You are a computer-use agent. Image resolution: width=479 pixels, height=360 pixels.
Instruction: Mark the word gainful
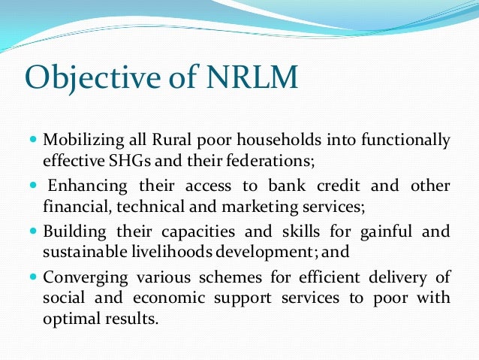tap(383, 231)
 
